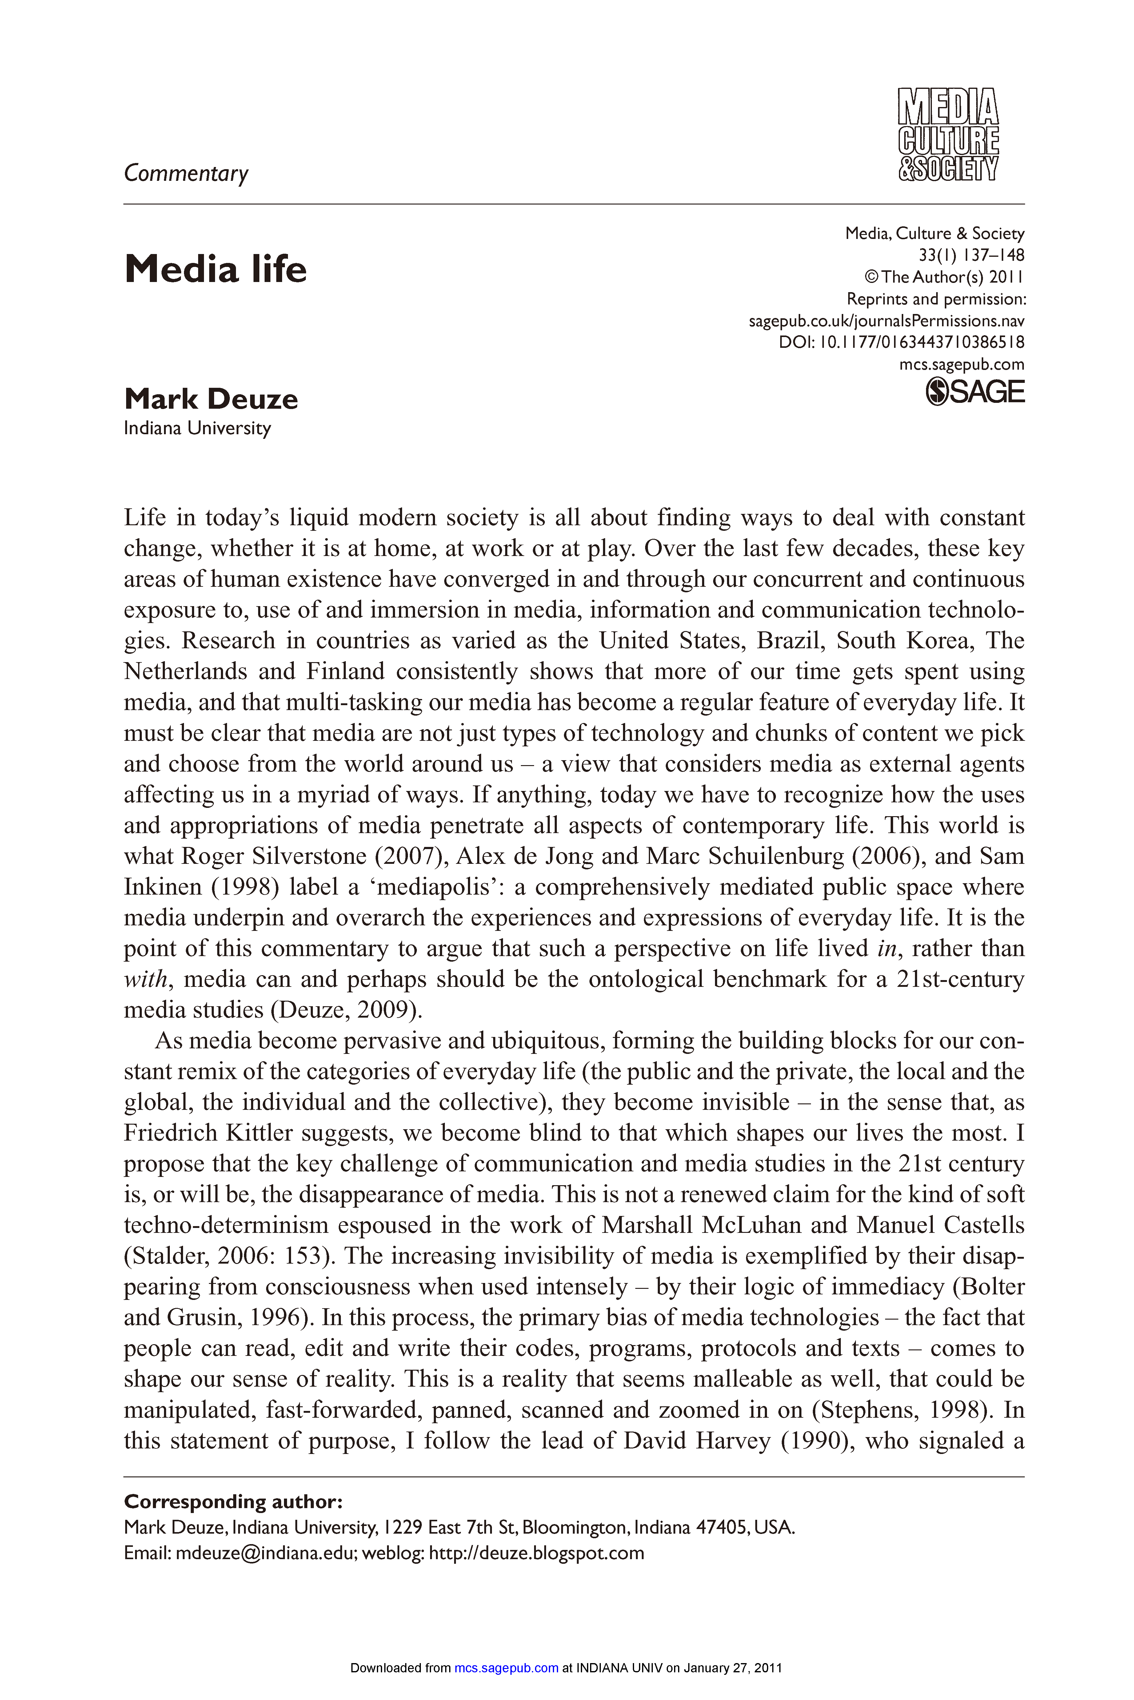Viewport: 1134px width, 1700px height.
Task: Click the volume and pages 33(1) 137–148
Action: pos(971,255)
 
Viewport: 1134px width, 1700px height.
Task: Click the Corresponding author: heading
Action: pos(233,1502)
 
